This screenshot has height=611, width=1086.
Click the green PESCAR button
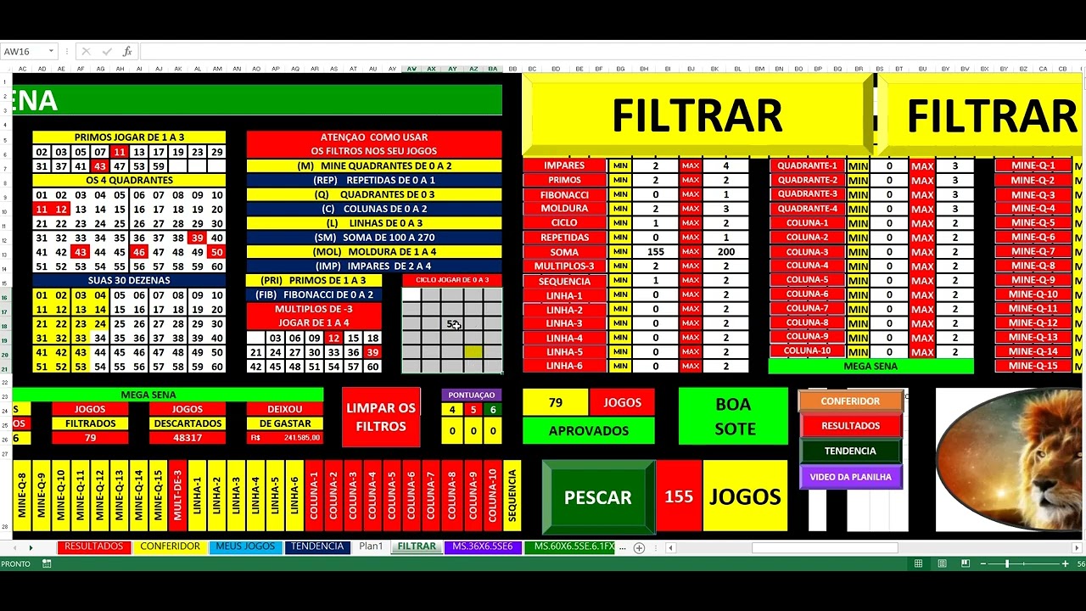[x=598, y=497]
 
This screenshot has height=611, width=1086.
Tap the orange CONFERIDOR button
[x=850, y=401]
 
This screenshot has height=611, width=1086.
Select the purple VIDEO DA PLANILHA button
[x=850, y=477]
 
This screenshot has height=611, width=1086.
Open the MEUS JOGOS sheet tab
[x=245, y=547]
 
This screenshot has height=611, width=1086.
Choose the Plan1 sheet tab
[x=371, y=547]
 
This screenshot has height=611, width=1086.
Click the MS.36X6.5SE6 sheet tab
[x=482, y=547]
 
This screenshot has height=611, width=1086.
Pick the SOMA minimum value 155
[x=655, y=252]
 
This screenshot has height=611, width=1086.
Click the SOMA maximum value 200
[x=725, y=252]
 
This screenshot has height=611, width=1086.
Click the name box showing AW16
[x=25, y=52]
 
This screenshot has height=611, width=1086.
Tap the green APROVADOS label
[x=588, y=431]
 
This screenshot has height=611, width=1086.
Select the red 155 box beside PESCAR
[x=679, y=497]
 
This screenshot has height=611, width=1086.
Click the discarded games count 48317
[x=187, y=438]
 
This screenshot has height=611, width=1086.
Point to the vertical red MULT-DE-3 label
[x=177, y=496]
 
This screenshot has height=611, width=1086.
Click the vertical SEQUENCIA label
[x=512, y=496]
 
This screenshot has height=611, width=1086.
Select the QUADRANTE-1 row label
[x=807, y=165]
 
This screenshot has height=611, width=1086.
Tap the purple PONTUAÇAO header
[x=471, y=395]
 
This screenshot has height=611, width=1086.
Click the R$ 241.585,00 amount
[x=284, y=438]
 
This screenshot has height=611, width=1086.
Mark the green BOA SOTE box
[x=734, y=417]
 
